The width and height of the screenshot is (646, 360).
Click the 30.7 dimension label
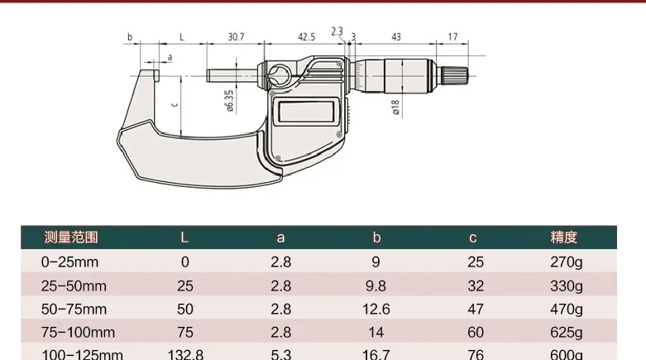(237, 37)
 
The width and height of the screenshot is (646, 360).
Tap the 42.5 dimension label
(306, 37)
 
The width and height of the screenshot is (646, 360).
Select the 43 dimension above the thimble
(396, 37)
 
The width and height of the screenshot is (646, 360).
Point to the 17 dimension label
(452, 37)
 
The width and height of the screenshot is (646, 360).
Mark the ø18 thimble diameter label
(395, 105)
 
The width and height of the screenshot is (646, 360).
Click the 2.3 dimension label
(337, 31)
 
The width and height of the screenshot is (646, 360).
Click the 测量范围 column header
(71, 238)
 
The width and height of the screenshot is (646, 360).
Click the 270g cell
(566, 262)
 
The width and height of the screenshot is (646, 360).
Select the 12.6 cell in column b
(376, 309)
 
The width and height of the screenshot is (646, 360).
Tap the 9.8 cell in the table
(376, 286)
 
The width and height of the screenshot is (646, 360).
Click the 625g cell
(566, 332)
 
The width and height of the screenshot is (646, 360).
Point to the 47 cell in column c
(472, 309)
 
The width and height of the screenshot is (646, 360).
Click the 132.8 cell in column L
(185, 354)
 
